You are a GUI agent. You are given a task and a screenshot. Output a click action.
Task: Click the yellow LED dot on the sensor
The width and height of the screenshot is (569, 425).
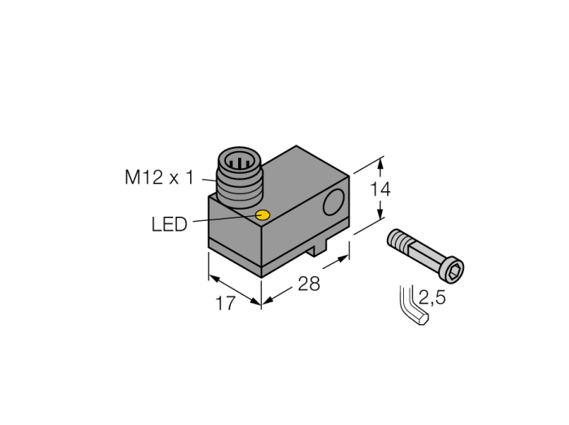pyautogui.click(x=263, y=215)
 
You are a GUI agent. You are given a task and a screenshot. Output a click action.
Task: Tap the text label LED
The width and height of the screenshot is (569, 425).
pyautogui.click(x=169, y=224)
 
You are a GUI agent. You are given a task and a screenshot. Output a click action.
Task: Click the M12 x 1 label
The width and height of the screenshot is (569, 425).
pyautogui.click(x=159, y=178)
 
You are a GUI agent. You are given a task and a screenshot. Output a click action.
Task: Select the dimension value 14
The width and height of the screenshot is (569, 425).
pyautogui.click(x=380, y=189)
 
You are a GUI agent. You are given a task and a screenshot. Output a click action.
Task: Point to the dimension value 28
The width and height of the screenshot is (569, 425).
pyautogui.click(x=309, y=284)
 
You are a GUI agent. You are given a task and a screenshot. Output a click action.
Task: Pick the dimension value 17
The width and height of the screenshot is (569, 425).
pyautogui.click(x=225, y=303)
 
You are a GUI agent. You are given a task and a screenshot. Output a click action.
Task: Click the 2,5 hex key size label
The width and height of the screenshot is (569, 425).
pyautogui.click(x=432, y=297)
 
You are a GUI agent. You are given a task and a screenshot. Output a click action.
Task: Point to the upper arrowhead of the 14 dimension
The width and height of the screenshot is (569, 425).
pyautogui.click(x=380, y=163)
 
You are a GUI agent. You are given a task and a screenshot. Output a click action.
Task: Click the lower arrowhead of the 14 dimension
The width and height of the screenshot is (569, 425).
pyautogui.click(x=380, y=214)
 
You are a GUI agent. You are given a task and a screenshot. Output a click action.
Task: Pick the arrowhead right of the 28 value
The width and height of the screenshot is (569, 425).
pyautogui.click(x=342, y=259)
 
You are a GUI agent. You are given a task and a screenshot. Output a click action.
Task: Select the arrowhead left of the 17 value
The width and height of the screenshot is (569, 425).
pyautogui.click(x=215, y=279)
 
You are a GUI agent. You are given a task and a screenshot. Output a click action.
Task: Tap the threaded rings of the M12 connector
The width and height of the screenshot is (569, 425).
pyautogui.click(x=238, y=189)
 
